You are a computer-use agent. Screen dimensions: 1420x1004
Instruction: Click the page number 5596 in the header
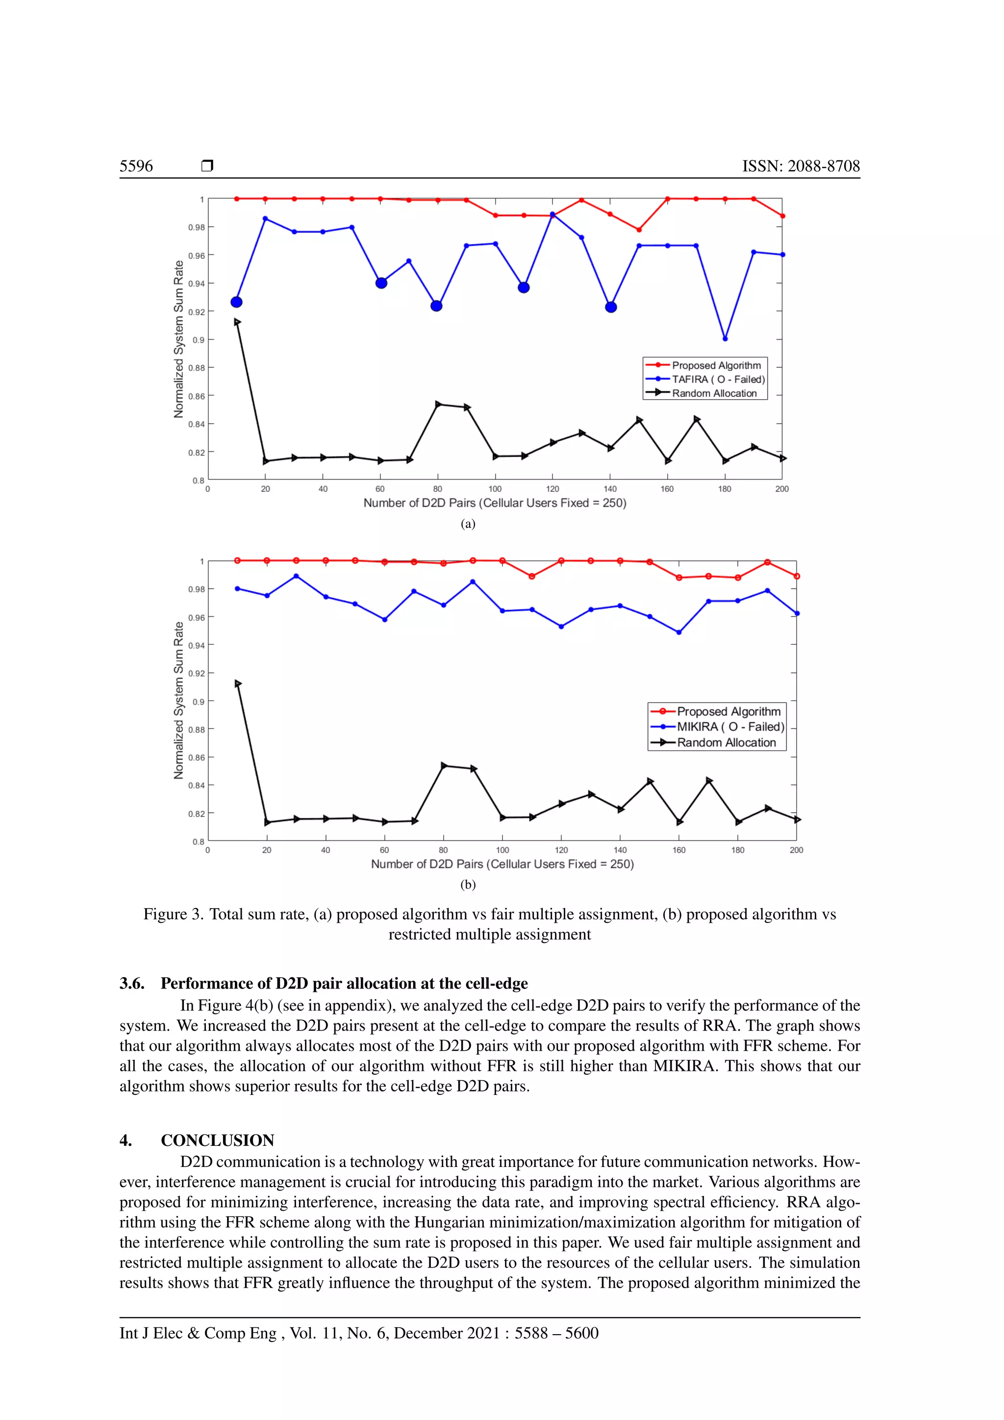pyautogui.click(x=136, y=166)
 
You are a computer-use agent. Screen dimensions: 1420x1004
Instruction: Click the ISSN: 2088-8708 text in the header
pyautogui.click(x=801, y=166)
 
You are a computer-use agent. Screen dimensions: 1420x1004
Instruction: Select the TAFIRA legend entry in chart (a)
pyautogui.click(x=718, y=379)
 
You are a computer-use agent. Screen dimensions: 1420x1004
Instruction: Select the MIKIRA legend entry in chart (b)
pyautogui.click(x=729, y=727)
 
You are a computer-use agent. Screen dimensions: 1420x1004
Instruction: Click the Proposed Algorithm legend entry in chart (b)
pyautogui.click(x=728, y=711)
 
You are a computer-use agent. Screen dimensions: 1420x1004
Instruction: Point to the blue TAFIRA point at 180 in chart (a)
pyautogui.click(x=725, y=339)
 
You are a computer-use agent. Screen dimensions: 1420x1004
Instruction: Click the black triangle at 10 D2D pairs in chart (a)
pyautogui.click(x=237, y=322)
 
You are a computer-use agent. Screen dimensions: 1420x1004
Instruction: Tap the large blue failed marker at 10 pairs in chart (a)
pyautogui.click(x=236, y=303)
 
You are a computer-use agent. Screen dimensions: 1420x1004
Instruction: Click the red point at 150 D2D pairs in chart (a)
pyautogui.click(x=639, y=230)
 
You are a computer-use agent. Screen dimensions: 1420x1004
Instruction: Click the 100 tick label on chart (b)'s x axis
pyautogui.click(x=502, y=850)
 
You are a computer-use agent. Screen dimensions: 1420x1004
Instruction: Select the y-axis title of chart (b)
pyautogui.click(x=178, y=700)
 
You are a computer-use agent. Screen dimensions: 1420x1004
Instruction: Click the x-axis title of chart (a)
pyautogui.click(x=495, y=503)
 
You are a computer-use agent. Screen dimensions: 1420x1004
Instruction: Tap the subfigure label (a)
pyautogui.click(x=468, y=524)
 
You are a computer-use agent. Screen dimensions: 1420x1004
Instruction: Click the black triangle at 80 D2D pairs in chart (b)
pyautogui.click(x=444, y=766)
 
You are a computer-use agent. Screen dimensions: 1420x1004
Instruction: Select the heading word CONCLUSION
pyautogui.click(x=217, y=1141)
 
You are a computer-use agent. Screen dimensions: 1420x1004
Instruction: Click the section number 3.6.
pyautogui.click(x=132, y=984)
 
